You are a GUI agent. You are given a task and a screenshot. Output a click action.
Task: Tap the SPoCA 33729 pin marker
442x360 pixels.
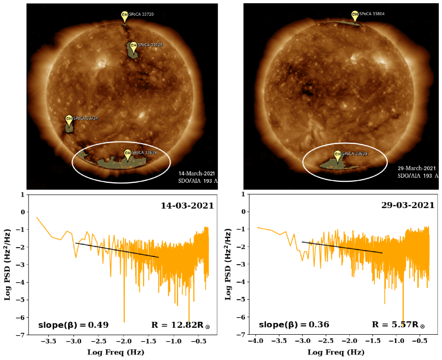click(x=133, y=46)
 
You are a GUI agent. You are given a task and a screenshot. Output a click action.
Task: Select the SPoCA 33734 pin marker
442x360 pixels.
click(x=69, y=120)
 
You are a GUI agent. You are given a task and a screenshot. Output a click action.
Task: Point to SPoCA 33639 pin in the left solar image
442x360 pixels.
click(x=128, y=154)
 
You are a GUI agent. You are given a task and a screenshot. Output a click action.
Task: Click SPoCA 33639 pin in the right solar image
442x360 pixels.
click(x=337, y=155)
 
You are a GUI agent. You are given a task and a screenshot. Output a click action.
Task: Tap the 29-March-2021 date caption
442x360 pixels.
click(x=417, y=168)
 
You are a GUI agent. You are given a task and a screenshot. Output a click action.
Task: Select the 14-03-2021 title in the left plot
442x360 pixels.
click(x=187, y=205)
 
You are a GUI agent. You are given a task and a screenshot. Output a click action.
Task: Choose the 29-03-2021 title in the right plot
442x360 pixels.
click(x=407, y=205)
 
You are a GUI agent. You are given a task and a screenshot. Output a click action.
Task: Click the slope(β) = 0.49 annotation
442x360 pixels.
click(x=73, y=325)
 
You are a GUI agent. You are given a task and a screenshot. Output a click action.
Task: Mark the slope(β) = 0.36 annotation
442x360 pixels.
click(x=294, y=325)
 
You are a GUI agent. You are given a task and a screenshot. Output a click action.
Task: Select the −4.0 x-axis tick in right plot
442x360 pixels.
click(x=256, y=341)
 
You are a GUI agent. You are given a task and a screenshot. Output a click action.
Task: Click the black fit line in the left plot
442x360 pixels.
click(x=117, y=250)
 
